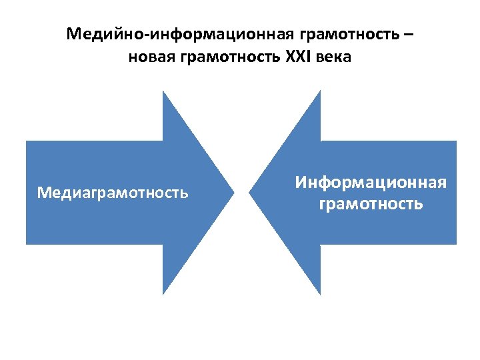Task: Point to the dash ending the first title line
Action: (x=408, y=34)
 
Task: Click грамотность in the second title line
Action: (x=231, y=57)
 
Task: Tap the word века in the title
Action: (x=334, y=57)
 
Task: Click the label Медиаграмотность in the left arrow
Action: (x=113, y=193)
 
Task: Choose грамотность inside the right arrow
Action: (x=371, y=203)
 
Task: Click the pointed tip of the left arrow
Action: (x=234, y=193)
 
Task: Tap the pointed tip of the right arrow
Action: (x=249, y=193)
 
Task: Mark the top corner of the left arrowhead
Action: (x=163, y=91)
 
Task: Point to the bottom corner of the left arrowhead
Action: (x=163, y=294)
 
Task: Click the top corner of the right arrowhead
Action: (x=320, y=91)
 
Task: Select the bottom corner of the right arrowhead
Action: (x=320, y=294)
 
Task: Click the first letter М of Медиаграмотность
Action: (x=43, y=193)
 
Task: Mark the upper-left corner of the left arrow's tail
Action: (x=27, y=141)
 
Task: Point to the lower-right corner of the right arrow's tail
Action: (x=456, y=244)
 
